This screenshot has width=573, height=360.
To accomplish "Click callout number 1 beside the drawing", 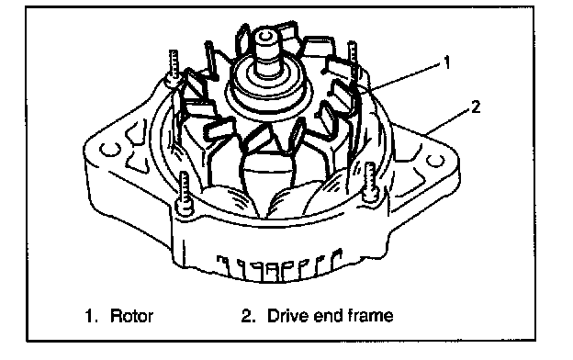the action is (446, 62).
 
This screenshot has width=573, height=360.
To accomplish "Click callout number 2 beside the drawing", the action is (475, 107).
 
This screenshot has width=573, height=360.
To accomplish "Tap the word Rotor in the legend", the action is (131, 316).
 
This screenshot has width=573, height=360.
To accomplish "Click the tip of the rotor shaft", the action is (265, 36).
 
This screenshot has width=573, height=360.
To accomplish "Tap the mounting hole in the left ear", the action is (110, 149).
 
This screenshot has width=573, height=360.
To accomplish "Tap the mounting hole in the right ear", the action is (435, 161).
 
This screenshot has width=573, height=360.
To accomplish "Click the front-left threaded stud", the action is (185, 194).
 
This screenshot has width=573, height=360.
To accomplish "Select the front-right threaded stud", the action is (370, 182).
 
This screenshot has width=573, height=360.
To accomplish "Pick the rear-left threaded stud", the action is (174, 67).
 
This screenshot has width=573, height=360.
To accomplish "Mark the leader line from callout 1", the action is (405, 76).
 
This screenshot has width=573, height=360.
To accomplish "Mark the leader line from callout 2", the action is (447, 122).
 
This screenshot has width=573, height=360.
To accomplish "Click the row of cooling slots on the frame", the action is (280, 266).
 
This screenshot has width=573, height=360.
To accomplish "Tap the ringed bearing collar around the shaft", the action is (269, 87).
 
